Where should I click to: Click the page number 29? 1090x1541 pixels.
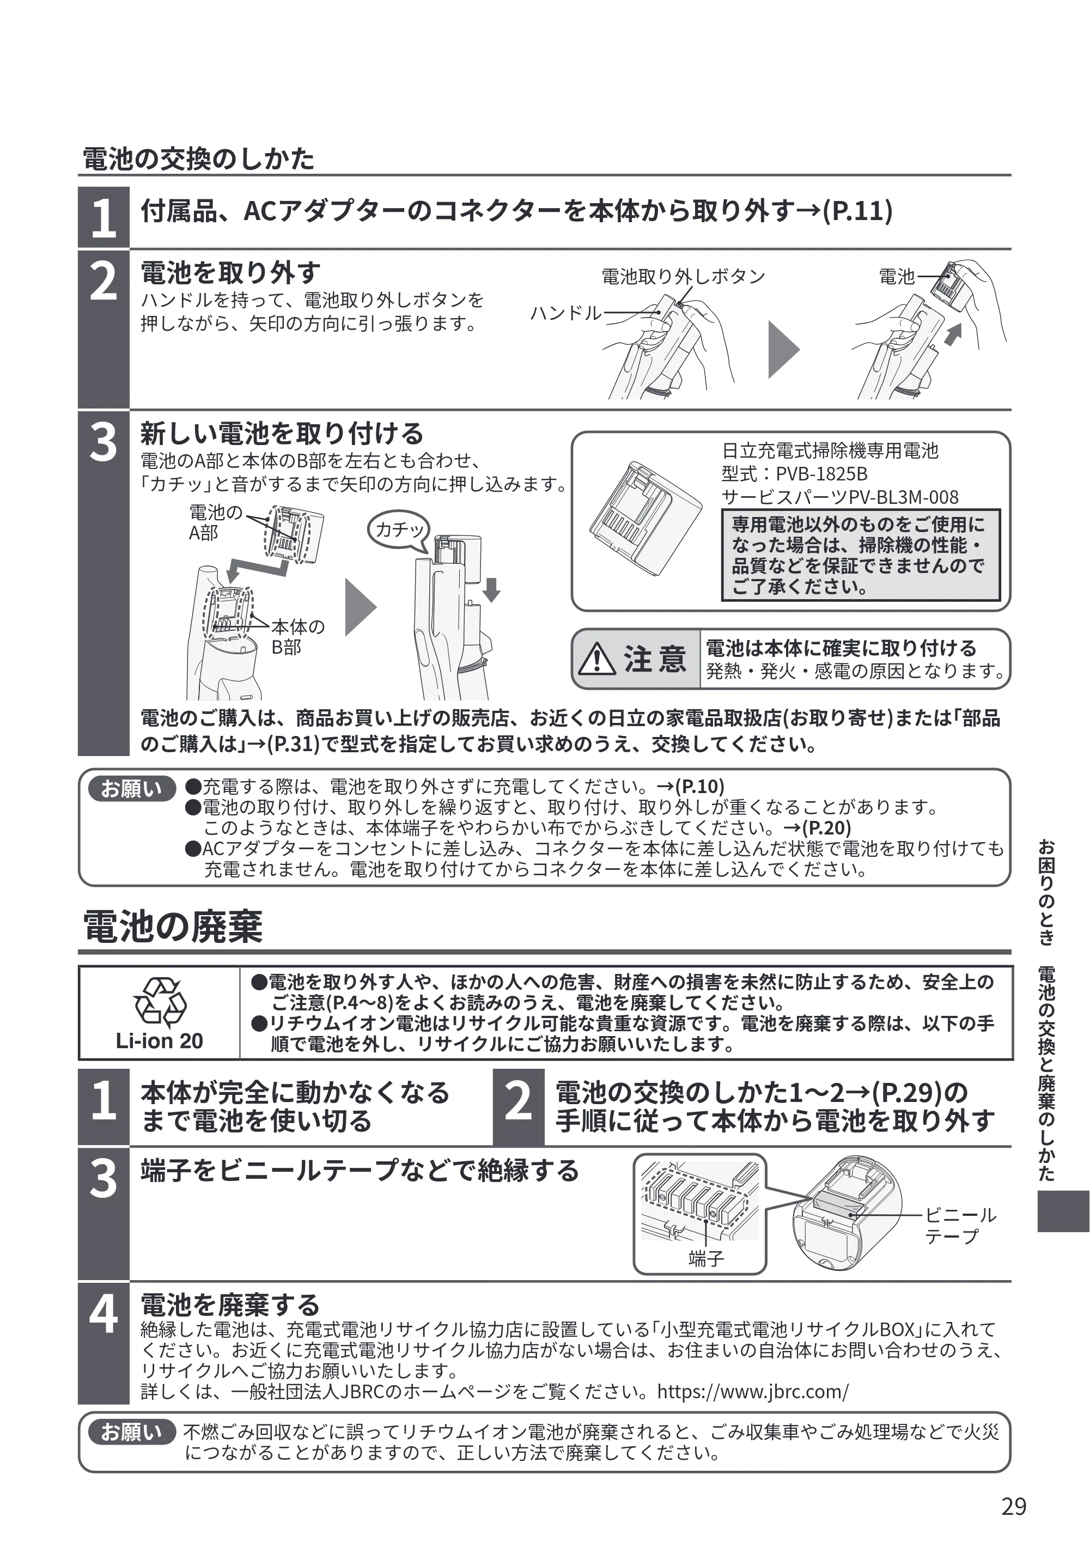pyautogui.click(x=1014, y=1507)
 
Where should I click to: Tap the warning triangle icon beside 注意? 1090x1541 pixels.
pyautogui.click(x=596, y=659)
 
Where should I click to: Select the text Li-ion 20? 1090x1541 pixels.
pyautogui.click(x=159, y=1041)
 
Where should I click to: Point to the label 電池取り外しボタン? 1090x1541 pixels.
pyautogui.click(x=683, y=277)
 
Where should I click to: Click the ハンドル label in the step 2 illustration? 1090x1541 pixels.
pyautogui.click(x=566, y=313)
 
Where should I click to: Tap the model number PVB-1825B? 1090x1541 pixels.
pyautogui.click(x=821, y=474)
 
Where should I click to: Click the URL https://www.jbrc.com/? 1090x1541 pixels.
pyautogui.click(x=753, y=1391)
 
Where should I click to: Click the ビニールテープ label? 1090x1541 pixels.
pyautogui.click(x=960, y=1226)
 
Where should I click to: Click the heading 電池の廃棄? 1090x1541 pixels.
pyautogui.click(x=173, y=927)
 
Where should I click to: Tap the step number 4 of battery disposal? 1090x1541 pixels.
pyautogui.click(x=103, y=1316)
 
